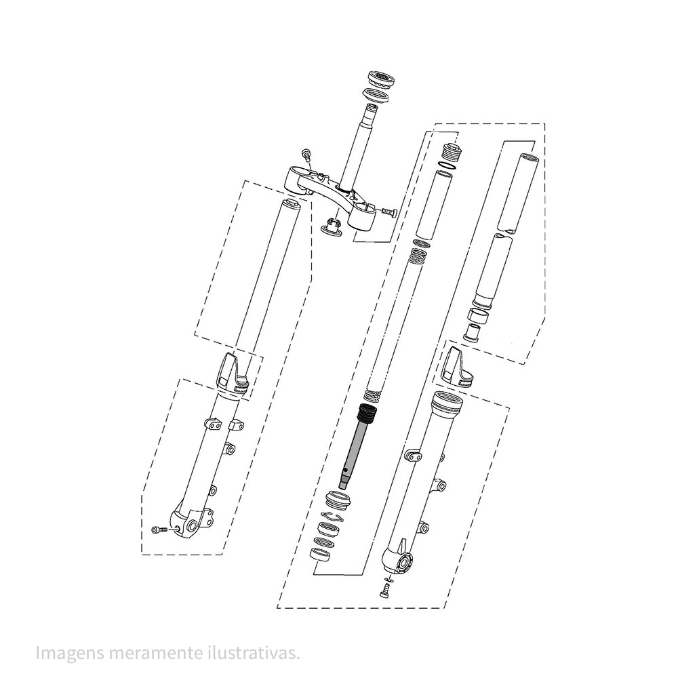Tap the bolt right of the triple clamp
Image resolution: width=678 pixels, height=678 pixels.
(x=388, y=212)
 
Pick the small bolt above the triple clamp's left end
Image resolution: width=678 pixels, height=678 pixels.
(x=307, y=155)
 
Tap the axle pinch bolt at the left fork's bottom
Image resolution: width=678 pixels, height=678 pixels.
(x=158, y=529)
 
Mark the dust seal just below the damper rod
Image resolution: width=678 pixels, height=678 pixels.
(x=337, y=500)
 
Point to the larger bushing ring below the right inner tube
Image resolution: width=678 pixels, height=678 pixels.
(x=479, y=315)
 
